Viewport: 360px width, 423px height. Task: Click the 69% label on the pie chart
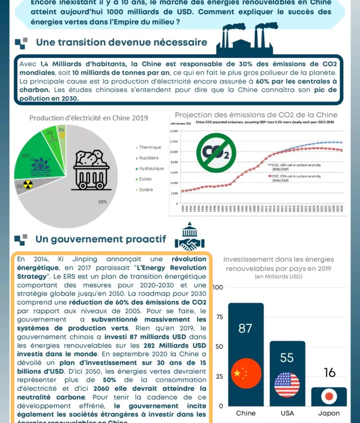point(102,202)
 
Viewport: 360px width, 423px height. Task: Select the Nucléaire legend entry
point(150,158)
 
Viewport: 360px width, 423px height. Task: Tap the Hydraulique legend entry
point(151,169)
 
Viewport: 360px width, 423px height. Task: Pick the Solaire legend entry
point(146,190)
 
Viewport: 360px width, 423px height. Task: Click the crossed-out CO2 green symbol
point(215,152)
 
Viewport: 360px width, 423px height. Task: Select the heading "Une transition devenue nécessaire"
point(121,42)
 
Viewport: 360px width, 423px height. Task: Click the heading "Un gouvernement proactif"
point(101,239)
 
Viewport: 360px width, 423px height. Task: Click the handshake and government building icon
point(189,238)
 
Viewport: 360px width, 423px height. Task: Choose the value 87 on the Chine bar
point(245,328)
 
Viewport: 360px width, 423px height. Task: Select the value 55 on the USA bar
point(287,358)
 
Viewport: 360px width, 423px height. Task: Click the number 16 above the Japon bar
point(329,373)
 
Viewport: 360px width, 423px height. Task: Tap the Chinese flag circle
point(245,373)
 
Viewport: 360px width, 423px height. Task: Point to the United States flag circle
point(287,385)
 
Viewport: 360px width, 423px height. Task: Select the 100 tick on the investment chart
point(218,288)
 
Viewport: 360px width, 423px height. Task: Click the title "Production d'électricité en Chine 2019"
point(89,118)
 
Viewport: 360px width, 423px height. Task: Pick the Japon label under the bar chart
point(329,413)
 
